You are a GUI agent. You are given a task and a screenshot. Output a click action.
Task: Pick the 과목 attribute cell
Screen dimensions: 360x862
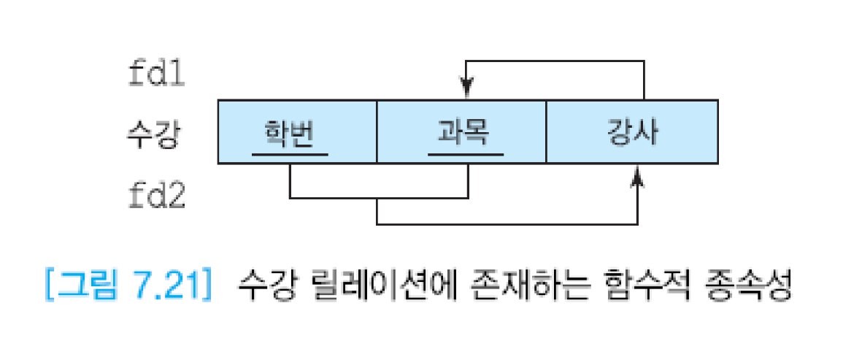pos(461,132)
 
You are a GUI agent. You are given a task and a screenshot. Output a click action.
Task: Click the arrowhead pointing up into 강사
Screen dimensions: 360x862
pos(639,175)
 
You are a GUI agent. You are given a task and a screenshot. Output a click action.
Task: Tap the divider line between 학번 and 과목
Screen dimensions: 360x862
pos(377,132)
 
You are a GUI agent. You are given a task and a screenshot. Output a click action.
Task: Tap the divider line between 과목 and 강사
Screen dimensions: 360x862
pos(546,132)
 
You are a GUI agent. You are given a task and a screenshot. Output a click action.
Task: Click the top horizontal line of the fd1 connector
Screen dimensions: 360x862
pos(555,61)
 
